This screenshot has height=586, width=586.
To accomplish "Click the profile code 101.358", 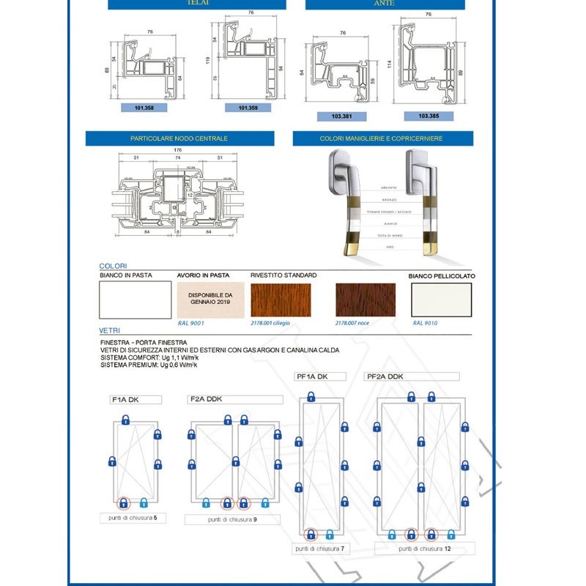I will point(144,108).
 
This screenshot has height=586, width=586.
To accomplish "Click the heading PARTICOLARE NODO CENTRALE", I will point(179,138).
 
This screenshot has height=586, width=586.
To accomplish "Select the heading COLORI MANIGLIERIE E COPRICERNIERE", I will point(381,138).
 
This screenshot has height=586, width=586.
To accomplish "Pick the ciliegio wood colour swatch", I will point(281,300).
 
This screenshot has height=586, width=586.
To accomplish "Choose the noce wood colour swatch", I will point(366,300).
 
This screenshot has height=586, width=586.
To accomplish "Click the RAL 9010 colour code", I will point(426,322).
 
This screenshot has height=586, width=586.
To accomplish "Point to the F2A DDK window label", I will point(207,399).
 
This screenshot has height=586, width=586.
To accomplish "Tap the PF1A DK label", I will point(311,377).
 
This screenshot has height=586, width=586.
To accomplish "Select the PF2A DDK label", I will point(385,377).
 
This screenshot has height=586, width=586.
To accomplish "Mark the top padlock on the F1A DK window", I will point(126,420).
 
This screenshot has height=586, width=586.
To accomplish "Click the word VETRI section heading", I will point(111,331).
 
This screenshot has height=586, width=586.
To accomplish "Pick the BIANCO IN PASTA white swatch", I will point(135,300).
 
